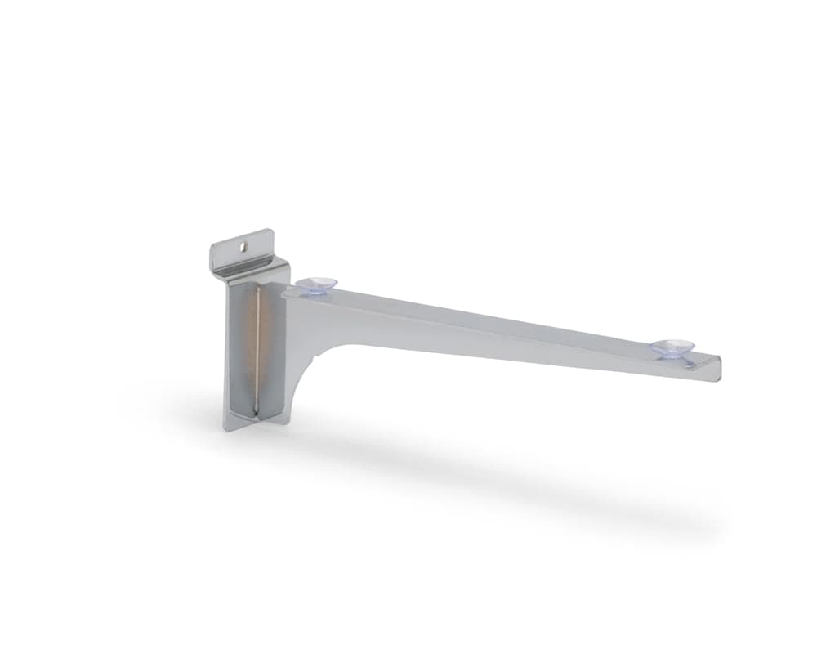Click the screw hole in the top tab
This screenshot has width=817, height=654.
click(243, 245)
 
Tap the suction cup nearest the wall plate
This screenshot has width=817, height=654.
click(317, 284)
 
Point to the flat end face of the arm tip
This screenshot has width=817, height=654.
click(719, 368)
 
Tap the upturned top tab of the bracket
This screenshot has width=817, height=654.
click(240, 248)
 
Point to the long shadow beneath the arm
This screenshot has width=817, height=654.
click(490, 466)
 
